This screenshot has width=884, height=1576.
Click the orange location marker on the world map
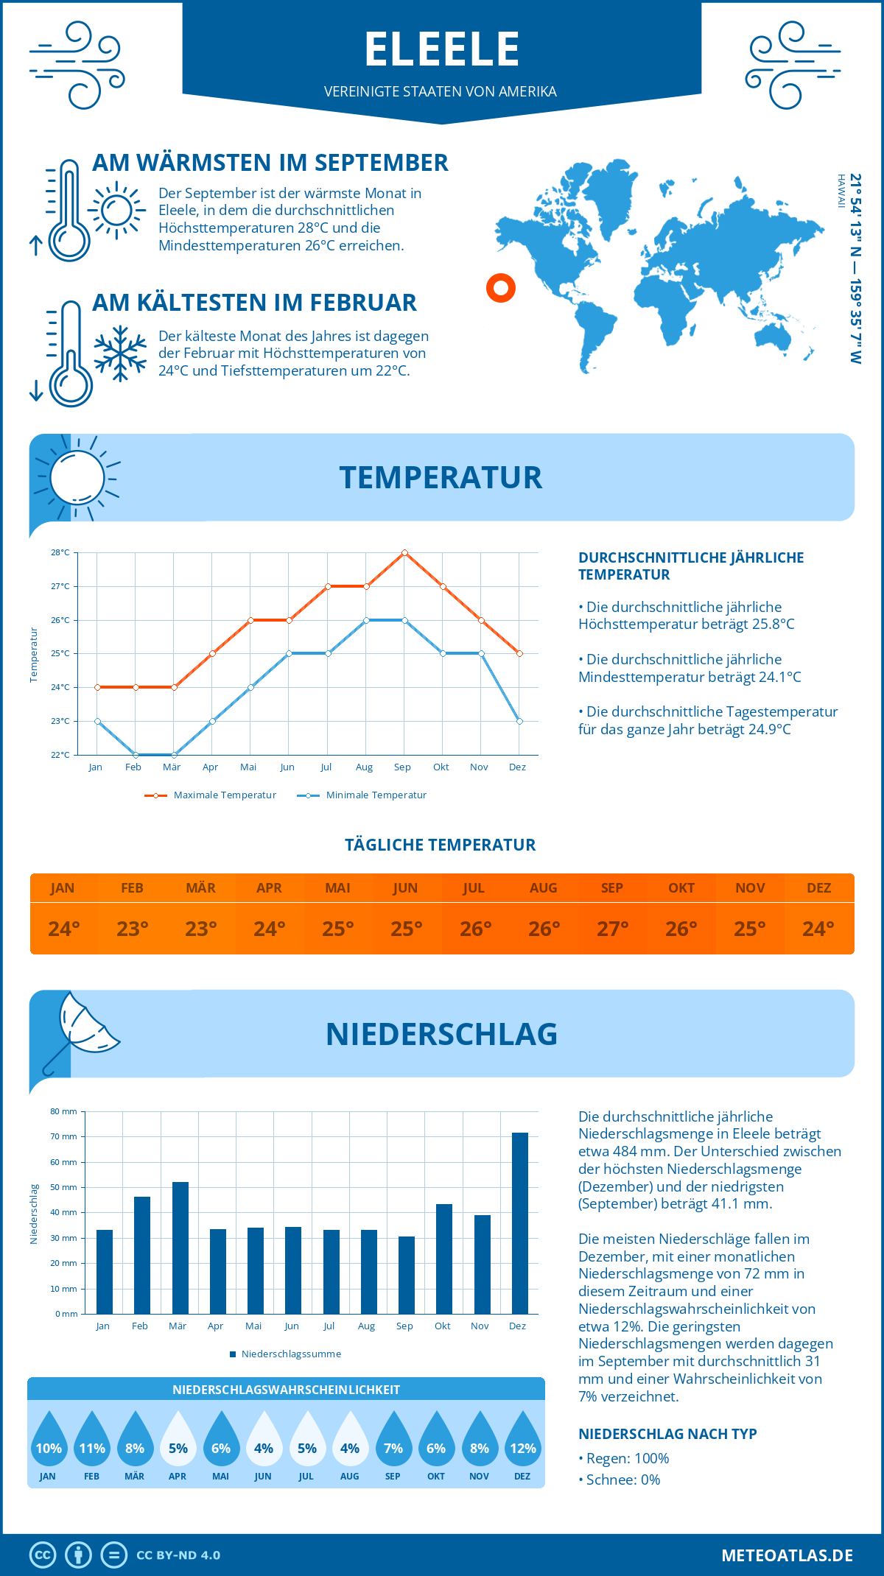[500, 287]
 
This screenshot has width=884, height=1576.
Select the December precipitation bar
[519, 1223]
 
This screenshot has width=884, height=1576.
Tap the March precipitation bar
[180, 1248]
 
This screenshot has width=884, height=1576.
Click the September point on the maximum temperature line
[404, 552]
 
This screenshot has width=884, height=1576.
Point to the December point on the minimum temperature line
[519, 721]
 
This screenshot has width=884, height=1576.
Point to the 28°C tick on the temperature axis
[60, 552]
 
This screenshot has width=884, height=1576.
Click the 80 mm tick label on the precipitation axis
[63, 1111]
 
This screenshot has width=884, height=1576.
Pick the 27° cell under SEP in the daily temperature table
[612, 929]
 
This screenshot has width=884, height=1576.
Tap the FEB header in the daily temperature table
[132, 888]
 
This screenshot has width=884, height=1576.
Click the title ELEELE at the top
[442, 49]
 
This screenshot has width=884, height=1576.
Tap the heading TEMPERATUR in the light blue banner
[441, 477]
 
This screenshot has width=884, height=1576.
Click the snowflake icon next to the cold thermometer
[120, 353]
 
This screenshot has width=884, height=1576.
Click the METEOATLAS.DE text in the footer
[787, 1555]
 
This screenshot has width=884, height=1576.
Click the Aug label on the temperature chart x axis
[364, 767]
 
